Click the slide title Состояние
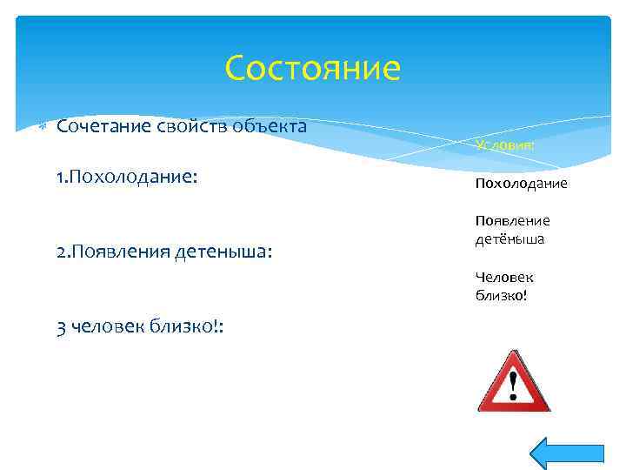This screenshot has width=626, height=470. point(312,68)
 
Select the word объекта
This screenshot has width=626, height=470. point(270,127)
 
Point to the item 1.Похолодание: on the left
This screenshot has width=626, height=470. point(127,177)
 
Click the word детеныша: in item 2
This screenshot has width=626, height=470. point(224,252)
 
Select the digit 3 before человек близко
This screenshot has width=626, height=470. point(61,326)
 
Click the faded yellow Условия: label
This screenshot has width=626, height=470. point(505,145)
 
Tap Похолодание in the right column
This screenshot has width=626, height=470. point(521,184)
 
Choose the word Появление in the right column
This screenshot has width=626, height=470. point(512,221)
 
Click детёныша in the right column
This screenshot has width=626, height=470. point(509,238)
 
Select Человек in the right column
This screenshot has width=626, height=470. point(504,277)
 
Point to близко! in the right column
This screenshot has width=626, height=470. point(501,295)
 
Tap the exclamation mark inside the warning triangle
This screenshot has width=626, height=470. point(514,383)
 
